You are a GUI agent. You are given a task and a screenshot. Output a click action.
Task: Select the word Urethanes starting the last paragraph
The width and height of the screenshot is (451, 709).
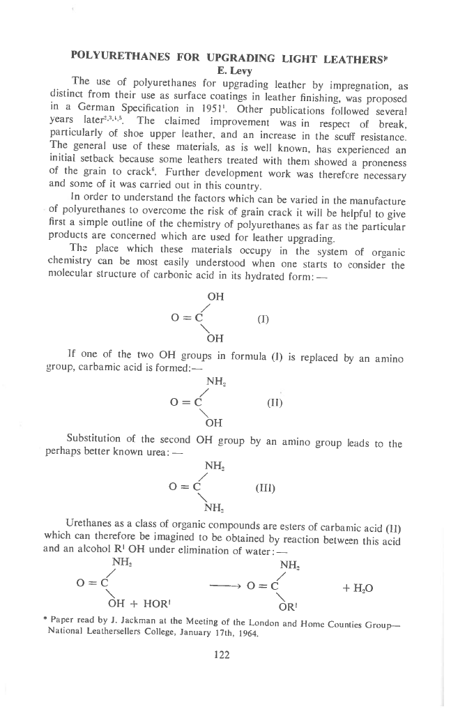[x=89, y=521]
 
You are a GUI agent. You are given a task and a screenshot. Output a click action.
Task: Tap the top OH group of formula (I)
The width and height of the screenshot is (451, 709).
[x=215, y=297]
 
